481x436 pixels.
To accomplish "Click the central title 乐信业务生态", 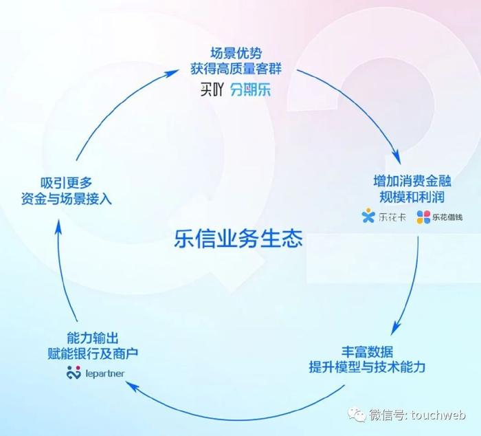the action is [238, 239].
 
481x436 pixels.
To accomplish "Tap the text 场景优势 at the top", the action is [236, 53].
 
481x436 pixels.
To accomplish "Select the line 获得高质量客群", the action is [236, 69].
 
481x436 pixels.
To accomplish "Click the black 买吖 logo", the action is [212, 90].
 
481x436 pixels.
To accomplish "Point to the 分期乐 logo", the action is [251, 90].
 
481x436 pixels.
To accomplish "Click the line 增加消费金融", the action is [412, 181].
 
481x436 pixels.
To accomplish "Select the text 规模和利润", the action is [412, 197].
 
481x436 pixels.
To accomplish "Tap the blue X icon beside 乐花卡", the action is [368, 215].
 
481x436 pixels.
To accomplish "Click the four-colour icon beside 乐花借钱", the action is [423, 217].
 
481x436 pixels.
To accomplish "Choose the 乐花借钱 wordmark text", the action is [447, 217].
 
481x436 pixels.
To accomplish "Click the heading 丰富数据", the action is [367, 351].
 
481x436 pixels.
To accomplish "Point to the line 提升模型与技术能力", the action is [367, 367].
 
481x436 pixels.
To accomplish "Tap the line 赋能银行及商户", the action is [93, 353].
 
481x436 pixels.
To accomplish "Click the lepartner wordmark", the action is [105, 373].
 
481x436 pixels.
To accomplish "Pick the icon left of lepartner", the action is [74, 372].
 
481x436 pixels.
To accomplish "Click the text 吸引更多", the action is [66, 184].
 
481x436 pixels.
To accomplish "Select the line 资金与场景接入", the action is [66, 199].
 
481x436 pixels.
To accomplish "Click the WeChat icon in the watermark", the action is [357, 414].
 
